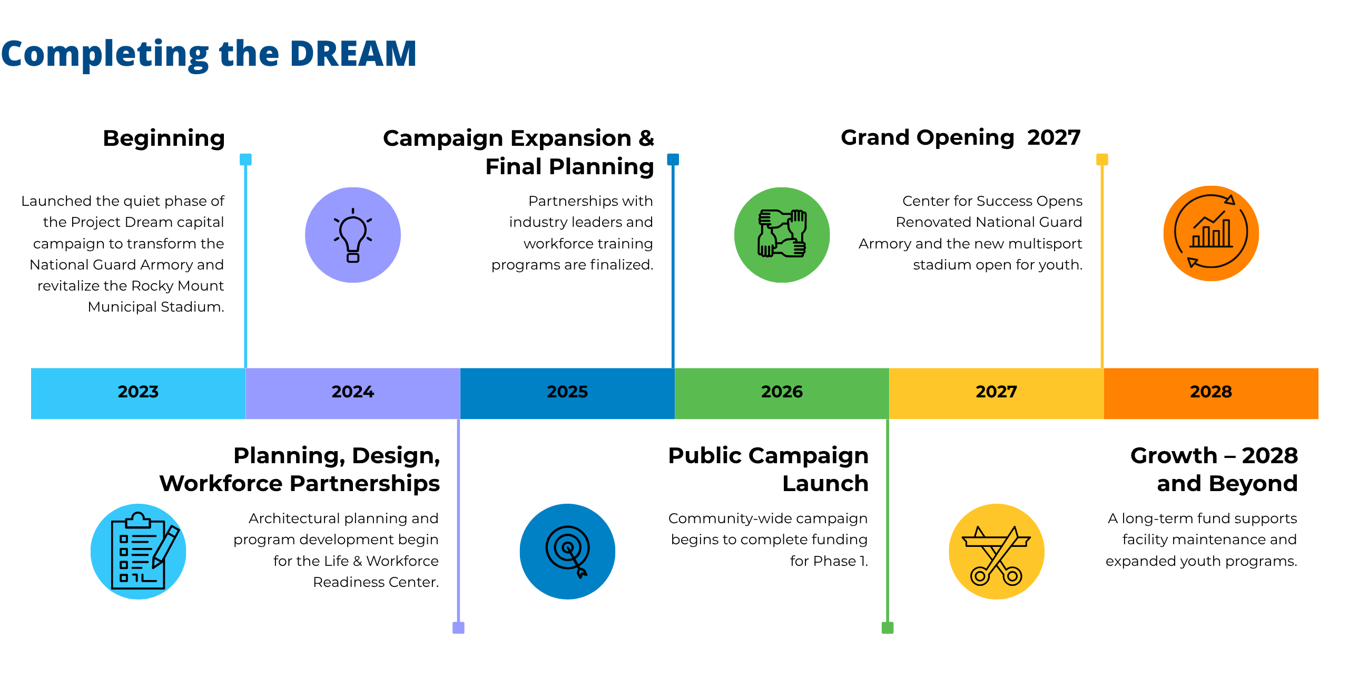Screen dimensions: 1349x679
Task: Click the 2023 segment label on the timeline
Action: tap(138, 392)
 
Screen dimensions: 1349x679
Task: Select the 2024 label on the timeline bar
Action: tap(352, 392)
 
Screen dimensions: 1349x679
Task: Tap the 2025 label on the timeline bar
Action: tap(567, 392)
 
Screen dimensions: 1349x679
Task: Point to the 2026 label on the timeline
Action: tap(782, 392)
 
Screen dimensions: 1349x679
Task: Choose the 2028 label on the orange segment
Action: tap(1211, 392)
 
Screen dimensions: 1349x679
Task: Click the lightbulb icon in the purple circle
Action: tap(353, 235)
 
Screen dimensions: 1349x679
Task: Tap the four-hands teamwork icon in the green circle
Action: tap(782, 233)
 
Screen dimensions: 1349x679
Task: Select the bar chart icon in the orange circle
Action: tap(1211, 232)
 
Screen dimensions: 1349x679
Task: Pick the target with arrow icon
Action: tap(568, 552)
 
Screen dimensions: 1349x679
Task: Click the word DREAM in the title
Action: tap(353, 54)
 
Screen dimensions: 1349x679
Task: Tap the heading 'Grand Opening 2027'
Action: tap(961, 138)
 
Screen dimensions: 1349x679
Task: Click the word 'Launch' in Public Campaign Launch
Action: tap(825, 483)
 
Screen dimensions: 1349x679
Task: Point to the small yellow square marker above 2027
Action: tap(1102, 159)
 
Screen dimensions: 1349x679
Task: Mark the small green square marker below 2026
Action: tap(888, 627)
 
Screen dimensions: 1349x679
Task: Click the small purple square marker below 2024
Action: tap(458, 627)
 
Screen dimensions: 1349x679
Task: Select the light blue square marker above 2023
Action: tap(245, 159)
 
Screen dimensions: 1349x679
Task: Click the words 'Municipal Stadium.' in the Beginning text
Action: tap(156, 307)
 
